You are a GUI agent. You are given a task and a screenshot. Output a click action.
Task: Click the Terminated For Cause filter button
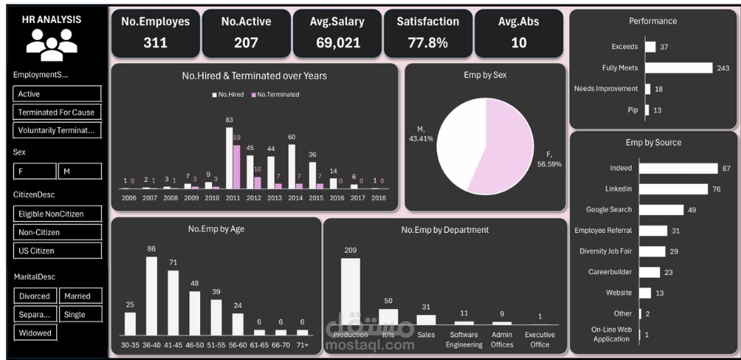(x=57, y=112)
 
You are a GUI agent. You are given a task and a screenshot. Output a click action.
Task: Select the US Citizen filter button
(x=57, y=251)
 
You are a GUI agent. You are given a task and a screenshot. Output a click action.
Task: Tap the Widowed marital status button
(x=35, y=333)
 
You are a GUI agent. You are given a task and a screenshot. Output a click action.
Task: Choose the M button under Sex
(x=80, y=171)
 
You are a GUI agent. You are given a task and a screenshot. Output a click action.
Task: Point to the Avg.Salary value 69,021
(x=338, y=43)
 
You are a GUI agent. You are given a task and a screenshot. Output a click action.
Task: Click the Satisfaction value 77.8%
(x=428, y=43)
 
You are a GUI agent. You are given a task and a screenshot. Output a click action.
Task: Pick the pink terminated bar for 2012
(x=258, y=182)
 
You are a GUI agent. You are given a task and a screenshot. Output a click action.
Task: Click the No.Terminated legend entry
(x=276, y=95)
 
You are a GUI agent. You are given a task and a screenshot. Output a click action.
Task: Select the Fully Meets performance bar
(x=679, y=68)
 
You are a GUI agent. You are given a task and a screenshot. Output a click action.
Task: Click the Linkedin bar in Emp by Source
(x=673, y=189)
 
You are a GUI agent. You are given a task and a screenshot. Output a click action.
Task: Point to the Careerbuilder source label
(x=609, y=272)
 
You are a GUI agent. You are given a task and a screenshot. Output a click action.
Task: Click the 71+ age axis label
(x=301, y=345)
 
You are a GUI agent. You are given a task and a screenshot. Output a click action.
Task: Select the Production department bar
(x=350, y=291)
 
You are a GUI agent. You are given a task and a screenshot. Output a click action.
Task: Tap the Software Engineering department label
(x=464, y=340)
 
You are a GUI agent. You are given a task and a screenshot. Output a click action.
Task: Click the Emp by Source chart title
(x=653, y=142)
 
